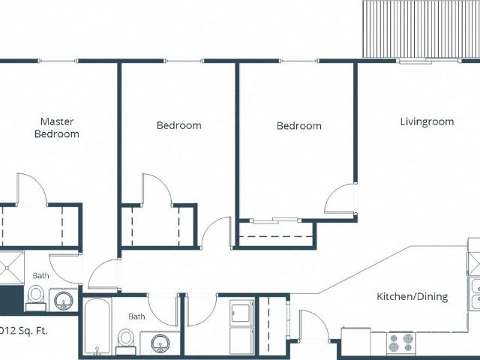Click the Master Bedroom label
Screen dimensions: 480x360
(57, 127)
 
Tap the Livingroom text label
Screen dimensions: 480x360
(427, 121)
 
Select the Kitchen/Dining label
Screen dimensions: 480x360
(412, 296)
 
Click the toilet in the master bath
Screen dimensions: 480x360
(36, 298)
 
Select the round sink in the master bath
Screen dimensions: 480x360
(63, 300)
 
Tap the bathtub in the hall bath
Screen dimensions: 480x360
(97, 326)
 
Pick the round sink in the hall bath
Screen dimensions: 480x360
(160, 343)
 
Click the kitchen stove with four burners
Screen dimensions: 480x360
(400, 343)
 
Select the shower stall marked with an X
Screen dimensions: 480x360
(12, 268)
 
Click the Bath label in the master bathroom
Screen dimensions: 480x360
(40, 276)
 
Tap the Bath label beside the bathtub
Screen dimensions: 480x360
(136, 316)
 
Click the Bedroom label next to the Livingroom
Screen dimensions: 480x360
(299, 126)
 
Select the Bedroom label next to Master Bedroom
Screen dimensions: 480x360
(178, 125)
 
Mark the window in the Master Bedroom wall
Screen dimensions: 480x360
(58, 61)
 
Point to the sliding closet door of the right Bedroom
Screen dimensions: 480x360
(274, 220)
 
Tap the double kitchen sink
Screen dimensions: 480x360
(475, 293)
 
